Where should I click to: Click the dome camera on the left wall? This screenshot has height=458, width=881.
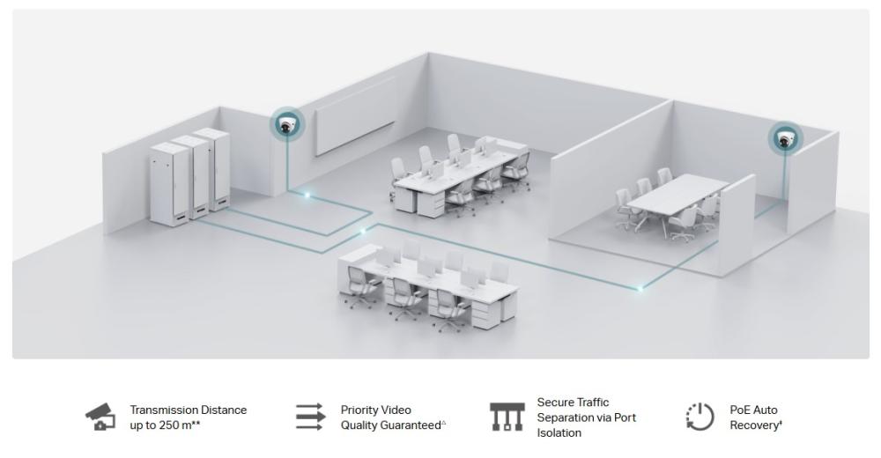coord(285,125)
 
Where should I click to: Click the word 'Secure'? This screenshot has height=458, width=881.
coord(555,403)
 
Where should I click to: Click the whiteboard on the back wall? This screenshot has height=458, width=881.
coord(348,126)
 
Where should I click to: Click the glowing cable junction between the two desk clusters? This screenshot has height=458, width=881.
coord(362,232)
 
